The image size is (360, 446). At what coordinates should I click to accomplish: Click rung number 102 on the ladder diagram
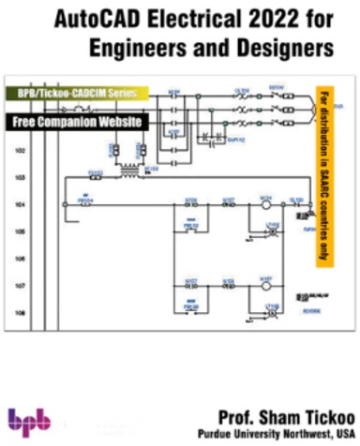click(18, 150)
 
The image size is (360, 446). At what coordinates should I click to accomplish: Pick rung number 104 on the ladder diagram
click(18, 203)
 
